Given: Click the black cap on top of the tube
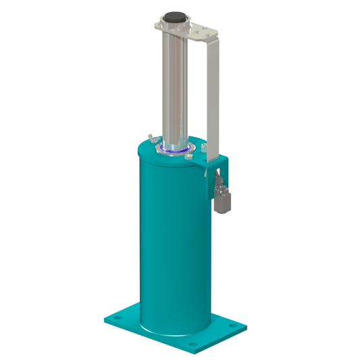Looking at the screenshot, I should [x=176, y=16].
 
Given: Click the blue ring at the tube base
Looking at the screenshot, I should [x=177, y=151].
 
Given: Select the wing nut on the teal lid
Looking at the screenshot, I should [x=154, y=138].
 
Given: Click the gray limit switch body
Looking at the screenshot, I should [x=222, y=201].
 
